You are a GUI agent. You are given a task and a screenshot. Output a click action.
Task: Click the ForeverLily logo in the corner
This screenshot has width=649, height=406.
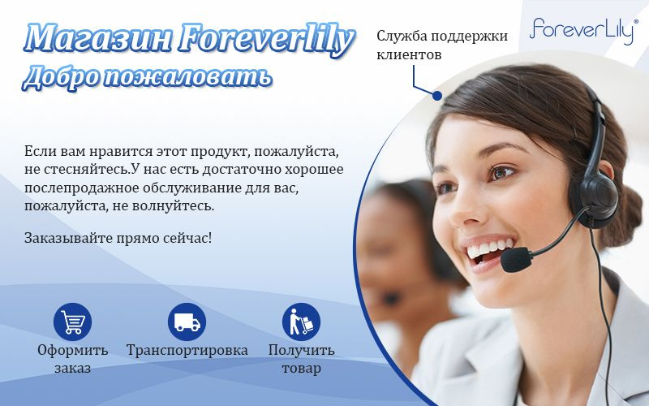[583, 30]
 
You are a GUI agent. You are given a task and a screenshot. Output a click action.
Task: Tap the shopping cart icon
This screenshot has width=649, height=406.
[72, 322]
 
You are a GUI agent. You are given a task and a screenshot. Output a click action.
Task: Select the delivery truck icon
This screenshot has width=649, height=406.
[187, 322]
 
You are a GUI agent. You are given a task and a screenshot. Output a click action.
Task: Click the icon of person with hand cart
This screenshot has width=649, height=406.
[301, 322]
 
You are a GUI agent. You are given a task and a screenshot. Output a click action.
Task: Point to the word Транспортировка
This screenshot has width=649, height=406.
[187, 351]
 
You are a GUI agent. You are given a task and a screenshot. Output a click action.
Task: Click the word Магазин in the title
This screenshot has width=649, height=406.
[97, 38]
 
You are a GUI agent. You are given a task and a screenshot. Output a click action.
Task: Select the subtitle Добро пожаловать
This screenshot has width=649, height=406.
[148, 77]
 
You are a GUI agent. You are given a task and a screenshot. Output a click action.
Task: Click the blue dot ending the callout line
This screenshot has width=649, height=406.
[437, 96]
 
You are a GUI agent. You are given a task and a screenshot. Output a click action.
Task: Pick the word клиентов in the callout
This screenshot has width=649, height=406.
[409, 54]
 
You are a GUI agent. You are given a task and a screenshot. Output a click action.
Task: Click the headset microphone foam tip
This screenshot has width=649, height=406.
[516, 259]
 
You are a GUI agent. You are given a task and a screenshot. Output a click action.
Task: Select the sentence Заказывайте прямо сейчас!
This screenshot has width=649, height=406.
[118, 238]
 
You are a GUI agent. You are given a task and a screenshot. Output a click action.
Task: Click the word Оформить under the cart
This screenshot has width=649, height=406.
[73, 351]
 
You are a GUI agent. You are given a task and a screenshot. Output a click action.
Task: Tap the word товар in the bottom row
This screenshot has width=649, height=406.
[301, 369]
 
